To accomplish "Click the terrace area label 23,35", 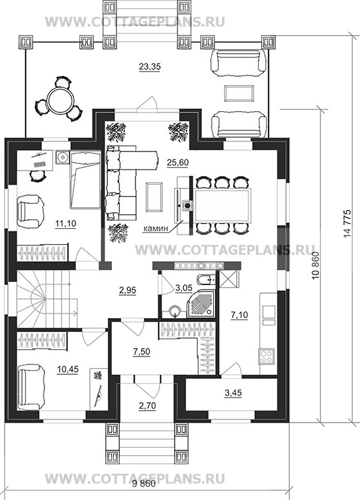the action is tap(150, 67).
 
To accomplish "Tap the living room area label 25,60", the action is tap(178, 163).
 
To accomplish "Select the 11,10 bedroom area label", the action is tap(66, 224).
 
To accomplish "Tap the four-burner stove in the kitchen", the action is tap(267, 356).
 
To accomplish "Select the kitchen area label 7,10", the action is tap(240, 315).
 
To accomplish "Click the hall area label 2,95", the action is tap(127, 290).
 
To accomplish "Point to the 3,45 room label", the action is tap(234, 393).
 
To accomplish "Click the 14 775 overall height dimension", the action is tap(347, 224).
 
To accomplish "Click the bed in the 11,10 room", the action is tap(85, 180).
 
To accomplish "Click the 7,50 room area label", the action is tap(142, 352).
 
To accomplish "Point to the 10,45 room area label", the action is tap(67, 369).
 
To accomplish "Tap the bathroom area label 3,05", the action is tap(183, 288).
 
